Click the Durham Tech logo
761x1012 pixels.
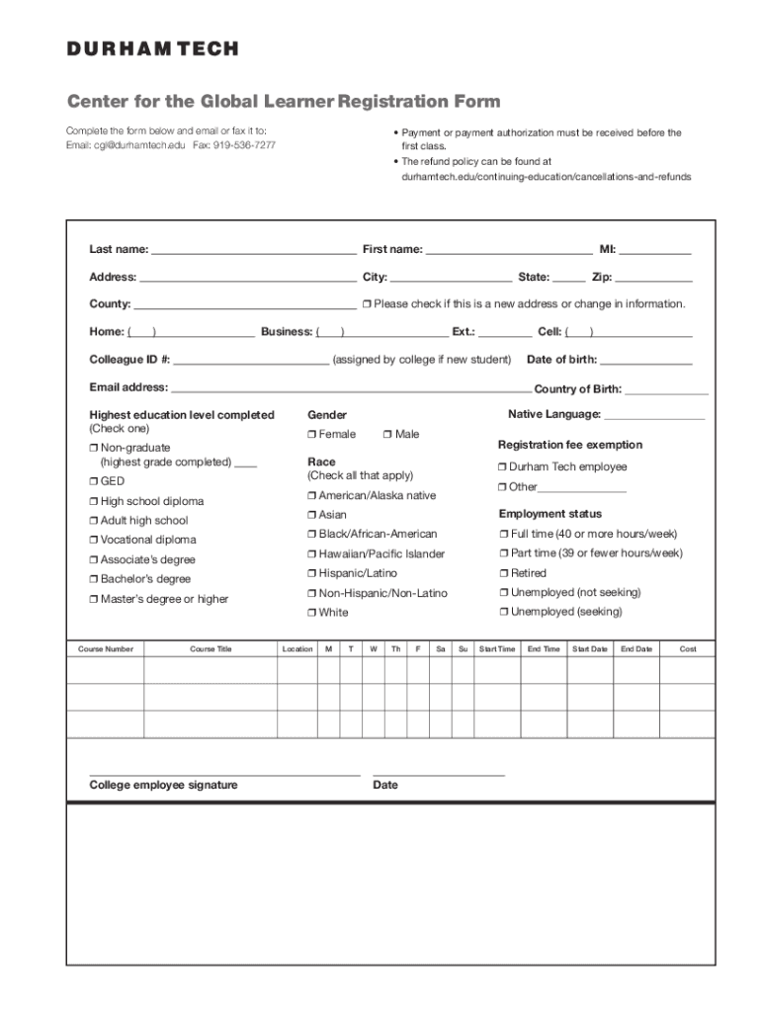coord(152,48)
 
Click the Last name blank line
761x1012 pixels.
coord(254,251)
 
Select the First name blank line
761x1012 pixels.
coord(509,251)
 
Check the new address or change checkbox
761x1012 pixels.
coord(367,304)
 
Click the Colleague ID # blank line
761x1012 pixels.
coord(251,361)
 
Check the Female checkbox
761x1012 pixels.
coord(312,435)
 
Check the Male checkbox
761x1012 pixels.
coord(387,435)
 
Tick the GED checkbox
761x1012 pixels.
coord(94,481)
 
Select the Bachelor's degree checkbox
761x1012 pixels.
coord(94,579)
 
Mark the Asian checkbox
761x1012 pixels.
coord(312,515)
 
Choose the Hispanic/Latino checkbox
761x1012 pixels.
coord(312,573)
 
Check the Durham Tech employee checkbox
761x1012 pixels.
coord(503,466)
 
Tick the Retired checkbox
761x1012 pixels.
coord(503,573)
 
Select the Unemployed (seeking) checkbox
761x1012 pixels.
coord(503,612)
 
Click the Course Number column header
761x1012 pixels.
coord(106,649)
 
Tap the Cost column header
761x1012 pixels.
coord(688,649)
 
